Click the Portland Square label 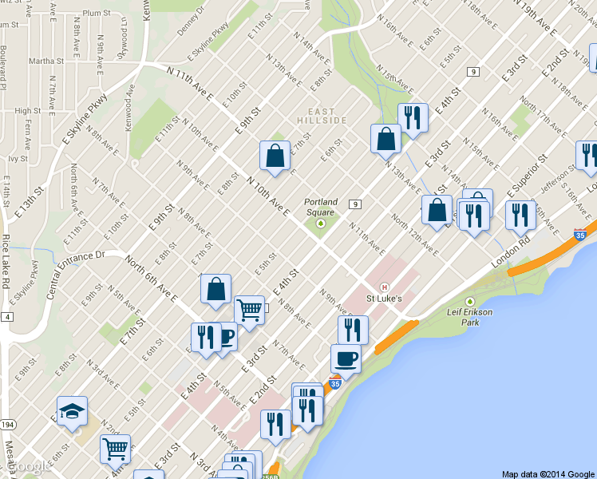[x=321, y=207]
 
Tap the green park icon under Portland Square [x=321, y=224]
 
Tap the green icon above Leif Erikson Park [x=469, y=302]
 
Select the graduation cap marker [x=73, y=411]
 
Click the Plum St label [x=96, y=14]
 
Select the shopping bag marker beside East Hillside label [x=385, y=138]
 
